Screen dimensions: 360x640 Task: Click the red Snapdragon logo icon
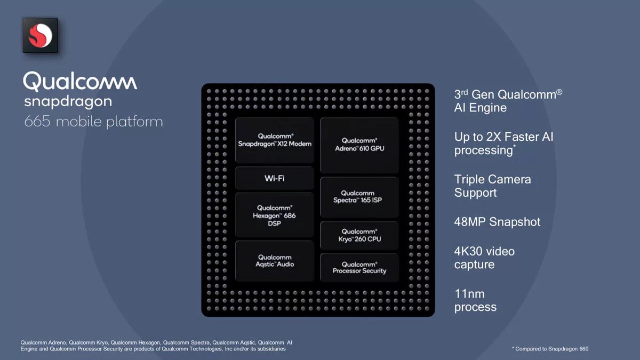click(41, 36)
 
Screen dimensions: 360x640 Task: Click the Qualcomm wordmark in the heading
click(80, 82)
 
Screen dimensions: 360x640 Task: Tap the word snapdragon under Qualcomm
click(68, 101)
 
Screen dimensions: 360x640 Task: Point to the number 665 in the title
click(37, 122)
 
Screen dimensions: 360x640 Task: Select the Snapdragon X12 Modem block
click(275, 140)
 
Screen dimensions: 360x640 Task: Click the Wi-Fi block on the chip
click(275, 178)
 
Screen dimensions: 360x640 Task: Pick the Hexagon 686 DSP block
click(275, 215)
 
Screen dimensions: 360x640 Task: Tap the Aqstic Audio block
click(275, 261)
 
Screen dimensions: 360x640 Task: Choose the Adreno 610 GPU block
click(359, 145)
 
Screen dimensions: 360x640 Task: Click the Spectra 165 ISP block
click(359, 197)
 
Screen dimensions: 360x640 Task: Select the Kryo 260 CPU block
click(359, 235)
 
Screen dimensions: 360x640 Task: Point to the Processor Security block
click(359, 267)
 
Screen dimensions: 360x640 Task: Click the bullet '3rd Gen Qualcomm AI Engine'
click(508, 101)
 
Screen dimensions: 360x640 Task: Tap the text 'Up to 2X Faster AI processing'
click(503, 143)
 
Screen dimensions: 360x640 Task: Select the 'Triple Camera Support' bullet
click(492, 186)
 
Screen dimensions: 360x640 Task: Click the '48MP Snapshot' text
click(497, 222)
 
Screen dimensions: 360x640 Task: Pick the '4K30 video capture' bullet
click(484, 258)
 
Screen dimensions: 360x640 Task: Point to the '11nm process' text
click(475, 300)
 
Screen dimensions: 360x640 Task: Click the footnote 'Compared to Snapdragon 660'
click(551, 349)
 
